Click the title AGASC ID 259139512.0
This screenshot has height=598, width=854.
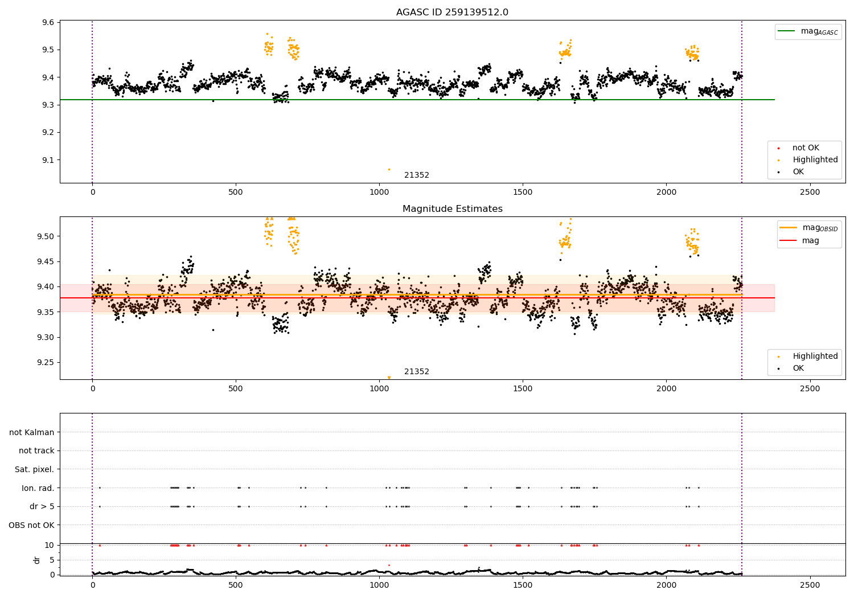pyautogui.click(x=452, y=13)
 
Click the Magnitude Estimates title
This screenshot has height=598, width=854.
pyautogui.click(x=452, y=209)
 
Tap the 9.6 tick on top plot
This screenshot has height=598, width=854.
pyautogui.click(x=48, y=22)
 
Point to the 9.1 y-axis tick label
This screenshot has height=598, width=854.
pyautogui.click(x=48, y=160)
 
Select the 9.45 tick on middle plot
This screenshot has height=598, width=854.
pyautogui.click(x=46, y=261)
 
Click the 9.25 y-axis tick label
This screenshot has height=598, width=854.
pyautogui.click(x=46, y=362)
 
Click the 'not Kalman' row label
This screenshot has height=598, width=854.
pyautogui.click(x=32, y=432)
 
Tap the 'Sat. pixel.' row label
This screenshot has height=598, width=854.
pyautogui.click(x=35, y=469)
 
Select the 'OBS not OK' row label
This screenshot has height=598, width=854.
pyautogui.click(x=31, y=525)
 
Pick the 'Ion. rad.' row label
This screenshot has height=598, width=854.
pyautogui.click(x=38, y=488)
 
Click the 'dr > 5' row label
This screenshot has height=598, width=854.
pyautogui.click(x=42, y=506)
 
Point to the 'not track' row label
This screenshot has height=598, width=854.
pyautogui.click(x=36, y=450)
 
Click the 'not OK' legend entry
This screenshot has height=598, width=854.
pyautogui.click(x=806, y=148)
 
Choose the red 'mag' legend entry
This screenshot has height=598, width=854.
pyautogui.click(x=811, y=240)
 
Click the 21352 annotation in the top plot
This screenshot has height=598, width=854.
pyautogui.click(x=417, y=175)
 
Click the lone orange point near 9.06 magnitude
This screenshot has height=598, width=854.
pyautogui.click(x=389, y=169)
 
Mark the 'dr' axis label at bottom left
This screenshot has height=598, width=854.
pyautogui.click(x=37, y=560)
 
